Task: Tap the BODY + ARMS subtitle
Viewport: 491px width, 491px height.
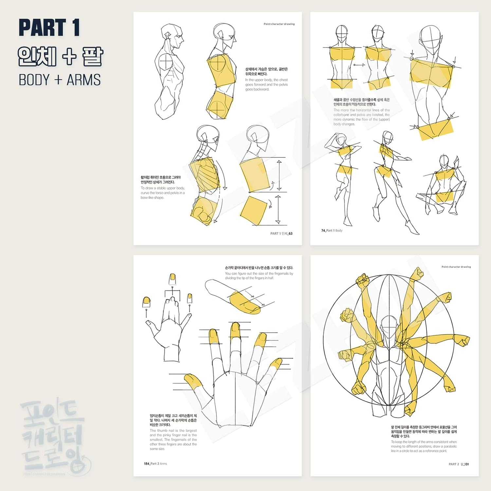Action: [x=60, y=80]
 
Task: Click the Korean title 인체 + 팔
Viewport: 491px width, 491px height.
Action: [x=61, y=56]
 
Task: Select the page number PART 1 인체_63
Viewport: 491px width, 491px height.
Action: [x=281, y=233]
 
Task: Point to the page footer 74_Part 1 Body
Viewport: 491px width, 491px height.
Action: [x=332, y=230]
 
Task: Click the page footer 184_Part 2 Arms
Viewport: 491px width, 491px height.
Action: [x=155, y=464]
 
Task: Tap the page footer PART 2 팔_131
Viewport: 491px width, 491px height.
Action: [x=459, y=464]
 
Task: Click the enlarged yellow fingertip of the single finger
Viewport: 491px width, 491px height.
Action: [x=244, y=302]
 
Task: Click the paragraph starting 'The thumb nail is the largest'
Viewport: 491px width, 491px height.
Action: [x=173, y=440]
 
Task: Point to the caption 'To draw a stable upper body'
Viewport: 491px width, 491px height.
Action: [x=163, y=193]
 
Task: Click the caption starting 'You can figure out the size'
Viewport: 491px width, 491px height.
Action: [x=259, y=276]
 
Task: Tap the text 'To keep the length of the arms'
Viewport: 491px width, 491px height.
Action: [x=424, y=446]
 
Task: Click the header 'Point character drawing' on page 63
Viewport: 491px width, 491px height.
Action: [x=279, y=24]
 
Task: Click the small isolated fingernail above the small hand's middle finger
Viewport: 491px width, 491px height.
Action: [x=173, y=279]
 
